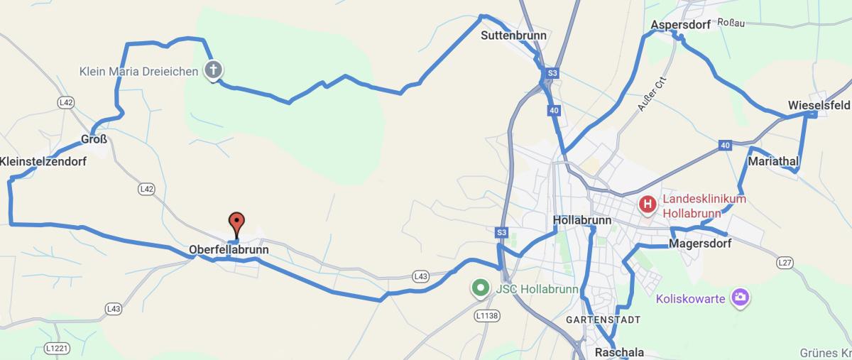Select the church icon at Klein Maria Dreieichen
213,70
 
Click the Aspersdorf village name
680,26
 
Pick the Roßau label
731,23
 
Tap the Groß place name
94,140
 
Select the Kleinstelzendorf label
43,162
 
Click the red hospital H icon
648,205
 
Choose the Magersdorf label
700,244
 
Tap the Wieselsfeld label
819,106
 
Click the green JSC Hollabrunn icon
481,288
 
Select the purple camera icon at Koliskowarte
740,298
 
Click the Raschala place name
619,352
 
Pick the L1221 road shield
57,349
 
